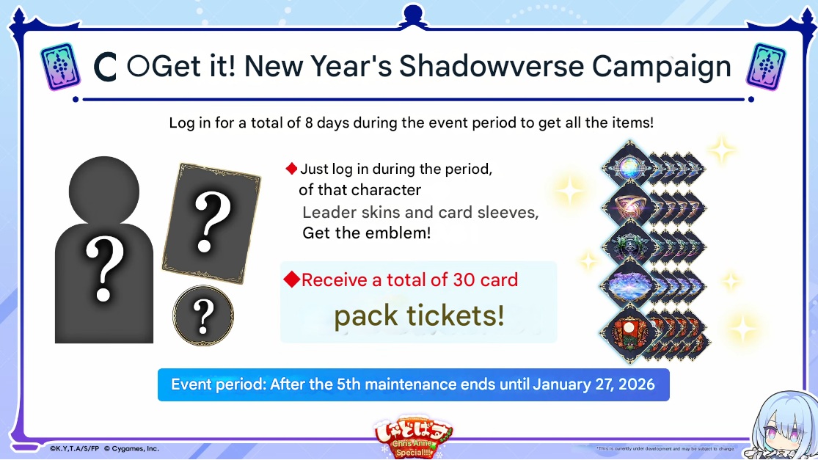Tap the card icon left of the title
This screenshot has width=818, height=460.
60,67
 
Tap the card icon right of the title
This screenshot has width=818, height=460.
766,67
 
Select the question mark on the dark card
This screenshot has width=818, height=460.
211,221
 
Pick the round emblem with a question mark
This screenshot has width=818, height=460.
203,315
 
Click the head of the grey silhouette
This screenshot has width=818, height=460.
104,190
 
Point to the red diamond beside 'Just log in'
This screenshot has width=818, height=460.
292,169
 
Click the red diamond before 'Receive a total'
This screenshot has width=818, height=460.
292,280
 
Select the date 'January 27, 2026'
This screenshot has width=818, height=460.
594,385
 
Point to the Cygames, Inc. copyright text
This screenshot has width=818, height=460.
131,448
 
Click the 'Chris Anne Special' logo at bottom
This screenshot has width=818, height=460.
413,437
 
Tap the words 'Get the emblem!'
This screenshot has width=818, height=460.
367,233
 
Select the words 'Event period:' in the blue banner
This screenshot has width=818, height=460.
218,385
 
